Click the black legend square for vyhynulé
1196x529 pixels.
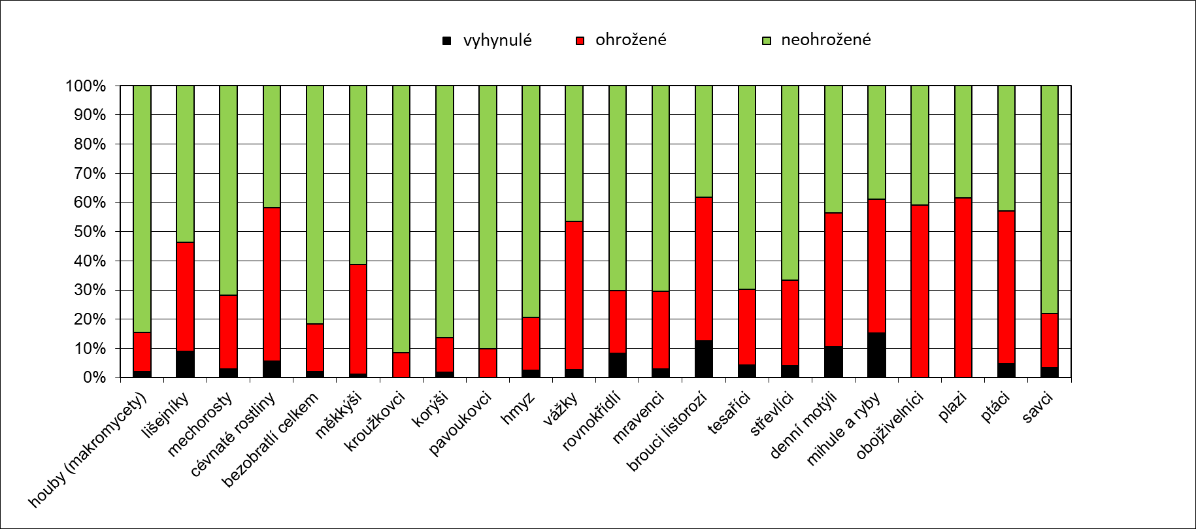coord(447,40)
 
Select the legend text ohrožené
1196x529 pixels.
coord(631,40)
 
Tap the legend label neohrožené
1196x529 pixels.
coord(825,40)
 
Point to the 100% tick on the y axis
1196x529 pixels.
coord(85,86)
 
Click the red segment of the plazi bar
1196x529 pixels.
coord(963,287)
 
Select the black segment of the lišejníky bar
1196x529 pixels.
coord(185,364)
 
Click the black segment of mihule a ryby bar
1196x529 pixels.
coord(876,355)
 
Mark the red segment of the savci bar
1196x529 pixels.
coord(1049,340)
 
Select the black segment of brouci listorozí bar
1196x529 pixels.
coord(704,359)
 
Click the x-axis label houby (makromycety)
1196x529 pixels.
coord(88,451)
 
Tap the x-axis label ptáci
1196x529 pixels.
coord(997,406)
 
